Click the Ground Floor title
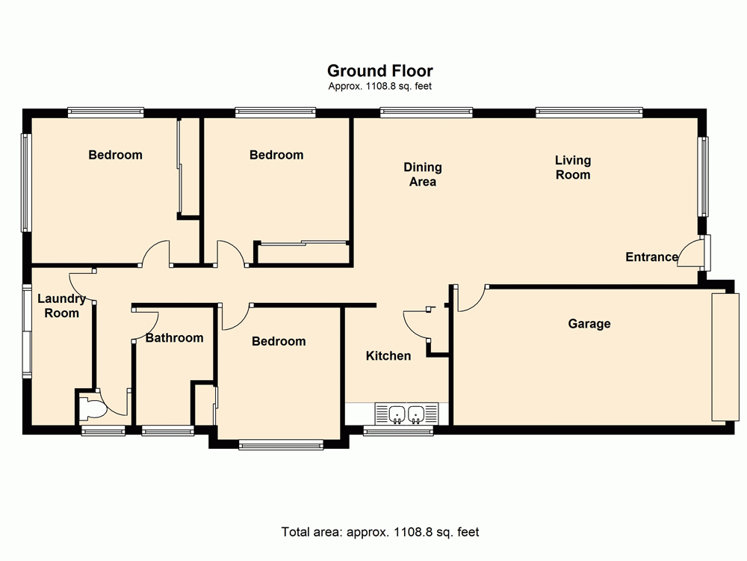(x=379, y=71)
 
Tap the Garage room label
(x=589, y=324)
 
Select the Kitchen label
(x=388, y=356)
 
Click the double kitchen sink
(x=406, y=413)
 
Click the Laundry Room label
(x=61, y=306)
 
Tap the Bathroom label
(x=174, y=338)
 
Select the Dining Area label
(x=423, y=174)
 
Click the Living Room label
(x=573, y=168)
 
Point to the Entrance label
(x=651, y=257)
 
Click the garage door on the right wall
(x=722, y=358)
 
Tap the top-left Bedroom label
(x=115, y=156)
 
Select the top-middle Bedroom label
(x=276, y=156)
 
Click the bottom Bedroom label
(x=279, y=342)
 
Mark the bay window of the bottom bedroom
(x=281, y=445)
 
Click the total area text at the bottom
(x=379, y=533)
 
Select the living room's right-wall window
(x=703, y=177)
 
